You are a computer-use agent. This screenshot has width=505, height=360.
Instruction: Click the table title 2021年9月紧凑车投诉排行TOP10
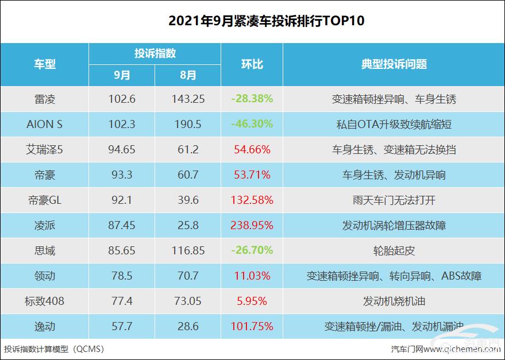[x=252, y=21]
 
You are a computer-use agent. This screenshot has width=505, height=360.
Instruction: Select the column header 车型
[x=45, y=64]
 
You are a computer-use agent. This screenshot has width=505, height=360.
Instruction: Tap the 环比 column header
[x=252, y=64]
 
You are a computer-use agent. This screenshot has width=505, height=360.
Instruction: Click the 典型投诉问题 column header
[x=394, y=64]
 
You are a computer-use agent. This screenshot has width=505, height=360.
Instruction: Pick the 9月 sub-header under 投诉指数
[x=122, y=75]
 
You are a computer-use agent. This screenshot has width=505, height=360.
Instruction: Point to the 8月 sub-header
[x=188, y=75]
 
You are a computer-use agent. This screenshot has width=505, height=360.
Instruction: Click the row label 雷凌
[x=45, y=99]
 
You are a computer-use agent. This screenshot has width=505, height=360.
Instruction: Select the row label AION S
[x=45, y=124]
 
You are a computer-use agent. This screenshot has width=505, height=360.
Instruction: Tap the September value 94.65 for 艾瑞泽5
[x=122, y=150]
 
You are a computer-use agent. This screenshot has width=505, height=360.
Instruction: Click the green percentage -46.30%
[x=252, y=124]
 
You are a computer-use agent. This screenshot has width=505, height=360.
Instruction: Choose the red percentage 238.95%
[x=252, y=226]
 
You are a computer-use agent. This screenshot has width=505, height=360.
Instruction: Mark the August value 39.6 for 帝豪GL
[x=188, y=200]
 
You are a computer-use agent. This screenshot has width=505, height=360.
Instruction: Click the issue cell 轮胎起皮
[x=394, y=251]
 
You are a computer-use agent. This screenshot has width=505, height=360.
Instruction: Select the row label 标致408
[x=45, y=301]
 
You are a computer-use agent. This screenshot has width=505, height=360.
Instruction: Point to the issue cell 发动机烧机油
[x=394, y=301]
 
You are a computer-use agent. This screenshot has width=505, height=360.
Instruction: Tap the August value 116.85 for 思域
[x=188, y=251]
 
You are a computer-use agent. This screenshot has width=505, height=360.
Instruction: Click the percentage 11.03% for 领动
[x=252, y=276]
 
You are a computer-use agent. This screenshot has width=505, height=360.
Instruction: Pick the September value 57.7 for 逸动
[x=122, y=327]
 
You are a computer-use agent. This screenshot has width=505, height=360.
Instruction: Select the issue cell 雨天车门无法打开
[x=394, y=200]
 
